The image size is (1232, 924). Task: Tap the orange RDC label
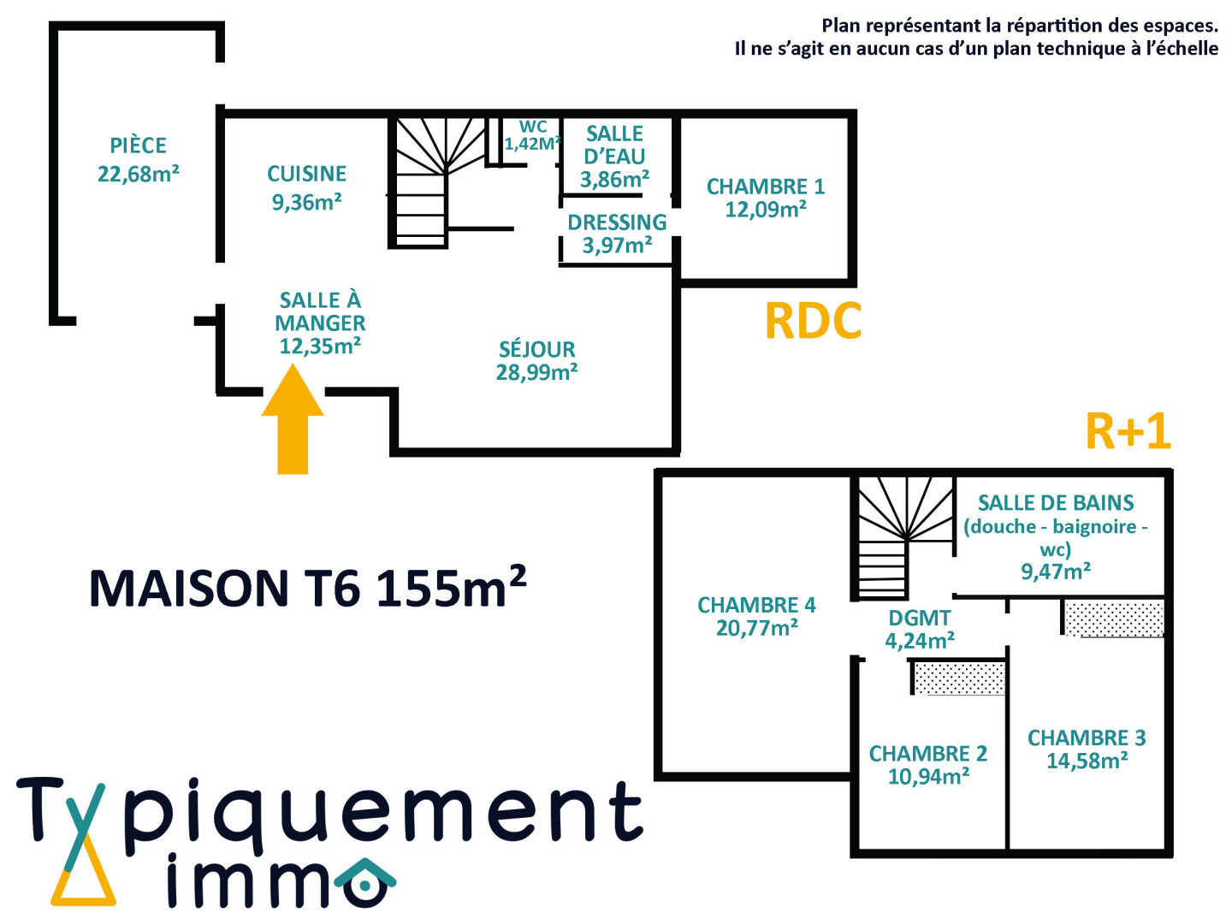point(812,322)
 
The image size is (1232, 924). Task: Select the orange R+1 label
point(1127,432)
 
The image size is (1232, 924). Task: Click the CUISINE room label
point(306,175)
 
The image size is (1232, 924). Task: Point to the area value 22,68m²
point(139,175)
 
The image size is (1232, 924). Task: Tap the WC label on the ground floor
point(532,127)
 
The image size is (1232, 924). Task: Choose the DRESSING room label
point(617,222)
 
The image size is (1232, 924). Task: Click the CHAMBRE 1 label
point(765,187)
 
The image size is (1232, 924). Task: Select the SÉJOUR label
point(537,349)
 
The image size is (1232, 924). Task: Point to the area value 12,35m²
point(320,346)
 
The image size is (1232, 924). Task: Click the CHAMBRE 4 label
point(756,606)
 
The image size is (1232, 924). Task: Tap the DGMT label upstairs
point(920,618)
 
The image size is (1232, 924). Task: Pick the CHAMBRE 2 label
point(928,754)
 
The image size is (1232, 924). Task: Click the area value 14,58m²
point(1087,761)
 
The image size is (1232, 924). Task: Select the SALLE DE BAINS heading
point(1056,503)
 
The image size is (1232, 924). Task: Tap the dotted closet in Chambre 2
point(959,678)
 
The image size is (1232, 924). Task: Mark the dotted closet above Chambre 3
point(1113,619)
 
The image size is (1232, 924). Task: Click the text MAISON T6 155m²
point(307,588)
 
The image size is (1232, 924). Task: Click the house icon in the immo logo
point(365,884)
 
